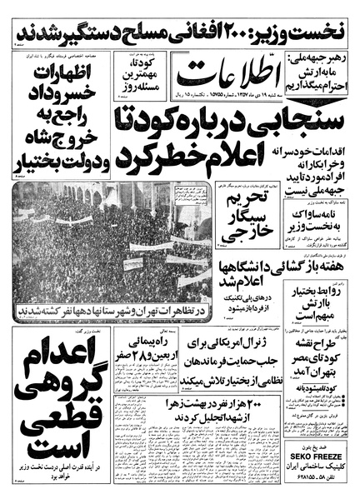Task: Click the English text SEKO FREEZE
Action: click(312, 456)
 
